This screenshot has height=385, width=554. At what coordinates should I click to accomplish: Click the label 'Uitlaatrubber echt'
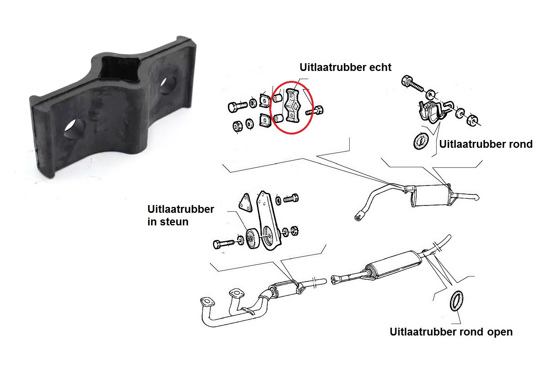tap(345, 67)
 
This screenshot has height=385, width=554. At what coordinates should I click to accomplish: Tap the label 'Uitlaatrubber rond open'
tap(451, 332)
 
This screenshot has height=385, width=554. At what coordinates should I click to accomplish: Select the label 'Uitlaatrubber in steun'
tap(181, 215)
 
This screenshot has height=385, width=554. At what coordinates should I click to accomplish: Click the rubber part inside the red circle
tap(293, 106)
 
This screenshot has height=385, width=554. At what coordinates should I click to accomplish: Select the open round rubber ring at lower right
tap(456, 301)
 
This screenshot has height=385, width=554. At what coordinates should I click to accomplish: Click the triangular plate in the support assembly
tap(246, 203)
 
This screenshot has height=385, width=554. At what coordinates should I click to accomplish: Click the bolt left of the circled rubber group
tap(237, 107)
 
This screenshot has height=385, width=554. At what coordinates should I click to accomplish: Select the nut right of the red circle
tap(319, 110)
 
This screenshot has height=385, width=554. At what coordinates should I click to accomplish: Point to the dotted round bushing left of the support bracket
tap(253, 239)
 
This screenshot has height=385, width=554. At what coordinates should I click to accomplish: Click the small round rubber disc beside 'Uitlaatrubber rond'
tap(421, 141)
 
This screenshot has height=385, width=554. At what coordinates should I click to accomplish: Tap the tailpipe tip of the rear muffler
tap(476, 197)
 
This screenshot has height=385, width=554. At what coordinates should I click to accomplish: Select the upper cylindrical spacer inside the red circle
tap(277, 98)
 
